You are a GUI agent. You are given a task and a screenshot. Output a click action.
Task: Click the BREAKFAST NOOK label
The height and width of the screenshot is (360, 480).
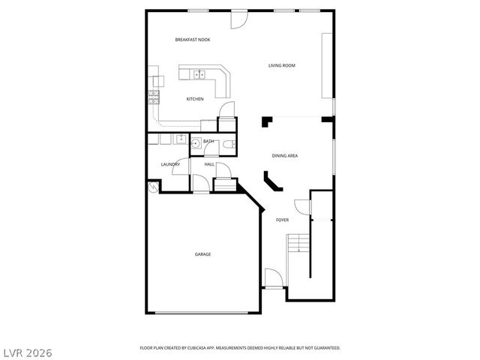(x=192, y=40)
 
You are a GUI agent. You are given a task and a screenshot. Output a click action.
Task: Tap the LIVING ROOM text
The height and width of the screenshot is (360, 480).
(x=282, y=66)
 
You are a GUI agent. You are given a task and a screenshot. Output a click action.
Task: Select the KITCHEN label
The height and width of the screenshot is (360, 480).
(x=195, y=99)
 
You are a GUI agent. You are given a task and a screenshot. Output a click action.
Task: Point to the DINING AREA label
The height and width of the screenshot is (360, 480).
(x=285, y=156)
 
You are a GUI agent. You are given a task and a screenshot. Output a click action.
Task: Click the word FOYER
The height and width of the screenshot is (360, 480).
(x=282, y=220)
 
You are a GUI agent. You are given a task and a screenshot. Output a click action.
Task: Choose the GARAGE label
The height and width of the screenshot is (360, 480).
(x=202, y=254)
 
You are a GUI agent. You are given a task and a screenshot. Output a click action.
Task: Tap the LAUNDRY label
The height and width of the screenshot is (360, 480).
(x=170, y=164)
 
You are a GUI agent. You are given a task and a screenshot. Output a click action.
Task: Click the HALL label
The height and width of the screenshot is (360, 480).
(x=210, y=164)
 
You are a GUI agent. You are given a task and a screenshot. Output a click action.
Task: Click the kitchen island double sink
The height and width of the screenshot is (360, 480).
(x=200, y=73)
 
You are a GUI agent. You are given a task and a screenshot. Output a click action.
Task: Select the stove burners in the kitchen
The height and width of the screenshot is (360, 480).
(x=154, y=97)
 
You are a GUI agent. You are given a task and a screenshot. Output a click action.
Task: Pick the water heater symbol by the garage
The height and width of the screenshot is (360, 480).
(x=153, y=187)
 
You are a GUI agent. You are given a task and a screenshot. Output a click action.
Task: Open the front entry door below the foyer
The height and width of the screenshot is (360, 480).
(x=272, y=279)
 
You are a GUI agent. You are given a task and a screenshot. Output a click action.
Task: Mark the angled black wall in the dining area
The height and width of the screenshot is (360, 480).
(x=271, y=182)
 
